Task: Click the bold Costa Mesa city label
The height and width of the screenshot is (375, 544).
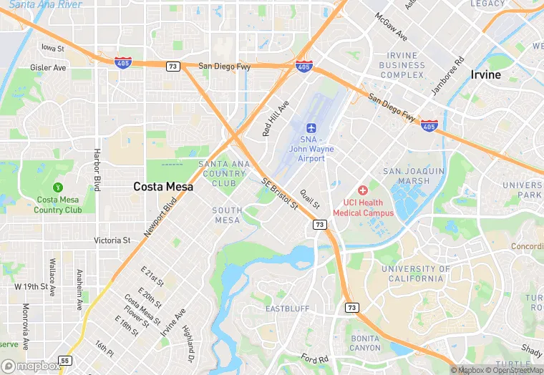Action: (x=163, y=186)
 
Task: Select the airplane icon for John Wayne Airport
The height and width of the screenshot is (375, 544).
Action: (x=311, y=127)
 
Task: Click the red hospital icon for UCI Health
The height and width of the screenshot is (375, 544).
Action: (x=362, y=190)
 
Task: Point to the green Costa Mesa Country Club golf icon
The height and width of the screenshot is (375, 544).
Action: (x=67, y=187)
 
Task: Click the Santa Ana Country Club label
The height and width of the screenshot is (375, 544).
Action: (x=224, y=173)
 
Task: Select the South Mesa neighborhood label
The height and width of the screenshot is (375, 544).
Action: (x=228, y=215)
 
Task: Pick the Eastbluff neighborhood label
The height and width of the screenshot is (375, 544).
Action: (x=287, y=309)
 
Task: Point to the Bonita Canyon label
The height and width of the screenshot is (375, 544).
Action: (x=366, y=343)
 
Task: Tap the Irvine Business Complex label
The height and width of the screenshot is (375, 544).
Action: (x=402, y=65)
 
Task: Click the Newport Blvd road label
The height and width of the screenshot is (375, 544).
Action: (x=160, y=217)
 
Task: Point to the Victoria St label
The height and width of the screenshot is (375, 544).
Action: (x=112, y=240)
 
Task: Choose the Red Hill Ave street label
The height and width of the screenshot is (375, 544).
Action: (x=276, y=118)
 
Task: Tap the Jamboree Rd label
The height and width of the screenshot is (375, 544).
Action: (x=448, y=76)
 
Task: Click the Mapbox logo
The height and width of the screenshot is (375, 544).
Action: (x=31, y=366)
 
